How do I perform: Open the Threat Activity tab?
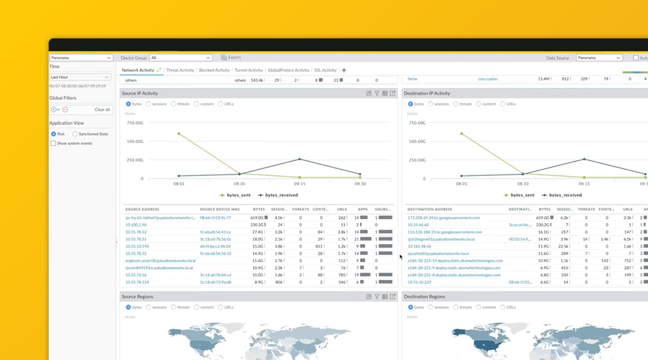180,70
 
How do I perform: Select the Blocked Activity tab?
214,70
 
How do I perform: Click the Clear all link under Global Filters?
102,110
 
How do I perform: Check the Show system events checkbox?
53,143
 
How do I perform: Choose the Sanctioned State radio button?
75,134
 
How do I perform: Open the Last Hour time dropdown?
80,77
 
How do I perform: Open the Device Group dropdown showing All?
180,58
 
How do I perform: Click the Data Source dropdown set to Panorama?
599,58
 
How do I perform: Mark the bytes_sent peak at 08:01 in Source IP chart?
179,134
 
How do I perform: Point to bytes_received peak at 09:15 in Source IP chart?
299,160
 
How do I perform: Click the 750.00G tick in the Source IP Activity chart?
135,123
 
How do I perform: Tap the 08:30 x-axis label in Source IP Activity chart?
239,184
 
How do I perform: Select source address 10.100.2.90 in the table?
136,225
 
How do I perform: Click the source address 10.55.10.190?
137,246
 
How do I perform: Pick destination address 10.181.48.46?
419,246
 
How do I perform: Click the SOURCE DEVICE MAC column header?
220,209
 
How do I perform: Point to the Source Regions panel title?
137,297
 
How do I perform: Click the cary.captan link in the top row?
488,79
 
